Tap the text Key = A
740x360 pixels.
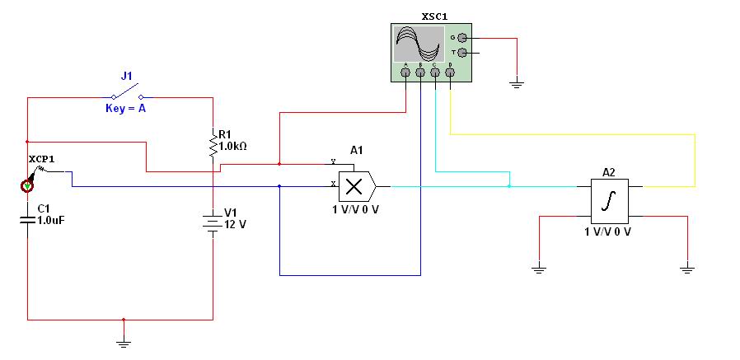(x=125, y=109)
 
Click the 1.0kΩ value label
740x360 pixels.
(x=232, y=147)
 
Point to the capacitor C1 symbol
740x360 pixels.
(x=27, y=219)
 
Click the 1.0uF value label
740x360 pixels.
(x=50, y=219)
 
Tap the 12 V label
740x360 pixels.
(x=235, y=225)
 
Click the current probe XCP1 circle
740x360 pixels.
(x=27, y=186)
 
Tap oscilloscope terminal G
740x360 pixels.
(x=462, y=38)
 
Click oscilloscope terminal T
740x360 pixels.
(x=462, y=53)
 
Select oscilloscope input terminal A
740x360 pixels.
(x=405, y=72)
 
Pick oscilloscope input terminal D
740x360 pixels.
(x=450, y=72)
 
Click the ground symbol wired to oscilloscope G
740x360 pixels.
(x=518, y=85)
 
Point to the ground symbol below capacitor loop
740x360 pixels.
(x=124, y=344)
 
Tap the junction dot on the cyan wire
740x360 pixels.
(x=508, y=186)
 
